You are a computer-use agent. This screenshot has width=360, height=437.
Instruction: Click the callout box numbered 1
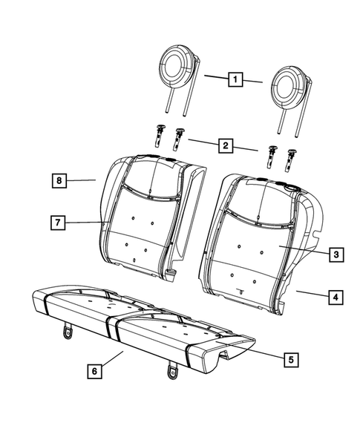234,78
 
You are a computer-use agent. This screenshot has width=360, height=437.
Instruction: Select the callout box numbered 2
223,145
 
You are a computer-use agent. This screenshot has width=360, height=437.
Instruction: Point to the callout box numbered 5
291,360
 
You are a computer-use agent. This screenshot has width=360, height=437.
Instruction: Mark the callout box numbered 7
56,222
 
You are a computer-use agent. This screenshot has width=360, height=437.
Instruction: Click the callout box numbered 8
56,180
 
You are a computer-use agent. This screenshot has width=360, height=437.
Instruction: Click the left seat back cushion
141,215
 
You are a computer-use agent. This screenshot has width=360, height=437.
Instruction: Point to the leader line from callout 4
310,295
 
